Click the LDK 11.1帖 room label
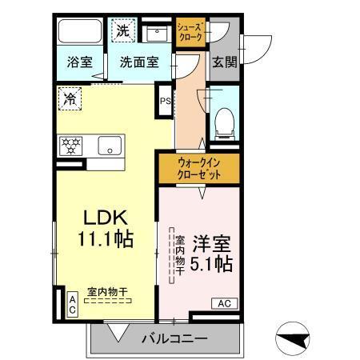[x=104, y=227]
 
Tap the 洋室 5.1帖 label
[x=211, y=251]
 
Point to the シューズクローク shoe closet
[x=190, y=32]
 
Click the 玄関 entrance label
[x=224, y=62]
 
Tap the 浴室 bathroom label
[x=78, y=62]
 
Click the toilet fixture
[x=225, y=122]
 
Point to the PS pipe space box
[x=165, y=101]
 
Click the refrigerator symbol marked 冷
[x=70, y=100]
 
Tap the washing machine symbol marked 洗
[x=122, y=31]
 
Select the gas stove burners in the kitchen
[x=73, y=146]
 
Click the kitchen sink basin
[x=108, y=146]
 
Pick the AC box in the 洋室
[x=225, y=303]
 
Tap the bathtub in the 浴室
[x=78, y=33]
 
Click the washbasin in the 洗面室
[x=152, y=32]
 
